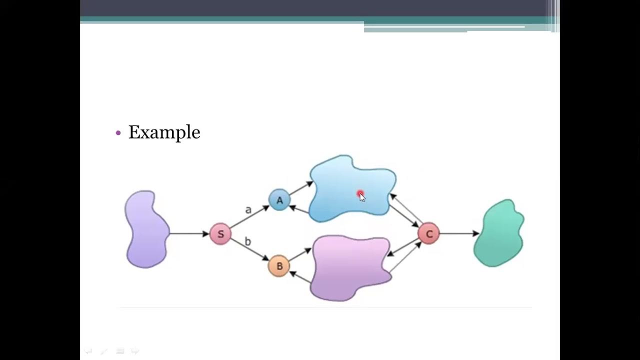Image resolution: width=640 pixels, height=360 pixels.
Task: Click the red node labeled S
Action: pyautogui.click(x=220, y=234)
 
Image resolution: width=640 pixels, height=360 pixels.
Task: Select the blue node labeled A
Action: pyautogui.click(x=279, y=200)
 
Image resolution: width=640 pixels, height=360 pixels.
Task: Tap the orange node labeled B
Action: pyautogui.click(x=279, y=266)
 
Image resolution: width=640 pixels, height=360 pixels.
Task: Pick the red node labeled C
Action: pyautogui.click(x=429, y=234)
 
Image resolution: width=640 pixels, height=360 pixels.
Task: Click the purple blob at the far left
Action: pyautogui.click(x=146, y=229)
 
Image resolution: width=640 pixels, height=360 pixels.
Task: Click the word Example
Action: pyautogui.click(x=164, y=132)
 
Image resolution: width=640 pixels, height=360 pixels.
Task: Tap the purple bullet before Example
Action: pyautogui.click(x=118, y=133)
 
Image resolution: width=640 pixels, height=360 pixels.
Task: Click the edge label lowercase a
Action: pyautogui.click(x=248, y=210)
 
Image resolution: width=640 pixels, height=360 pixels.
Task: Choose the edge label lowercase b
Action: pyautogui.click(x=247, y=242)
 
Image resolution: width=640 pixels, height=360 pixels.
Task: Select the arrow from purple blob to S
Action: pyautogui.click(x=189, y=233)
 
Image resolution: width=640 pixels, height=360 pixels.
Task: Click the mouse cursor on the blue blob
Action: pyautogui.click(x=361, y=196)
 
